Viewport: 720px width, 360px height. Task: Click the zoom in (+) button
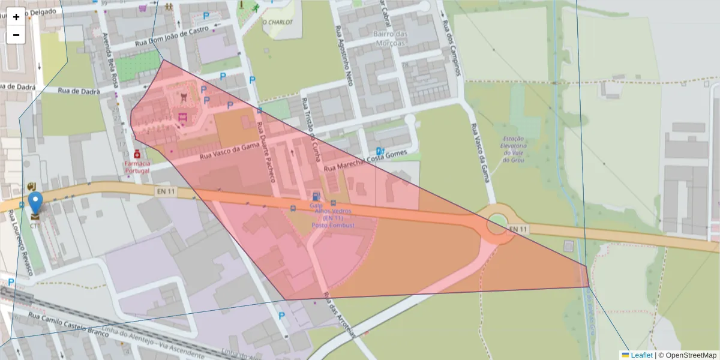tap(16, 17)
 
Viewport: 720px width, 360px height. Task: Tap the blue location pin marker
tap(36, 203)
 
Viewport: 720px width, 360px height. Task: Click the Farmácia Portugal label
tap(137, 167)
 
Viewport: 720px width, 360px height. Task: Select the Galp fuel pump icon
tap(316, 196)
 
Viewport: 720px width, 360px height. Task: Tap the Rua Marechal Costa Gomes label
tap(365, 161)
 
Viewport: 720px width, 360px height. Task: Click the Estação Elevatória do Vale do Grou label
tap(514, 149)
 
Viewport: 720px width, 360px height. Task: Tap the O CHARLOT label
tap(277, 22)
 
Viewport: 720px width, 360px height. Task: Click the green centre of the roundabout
tap(497, 225)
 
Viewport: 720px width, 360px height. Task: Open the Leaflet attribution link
tap(641, 355)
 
